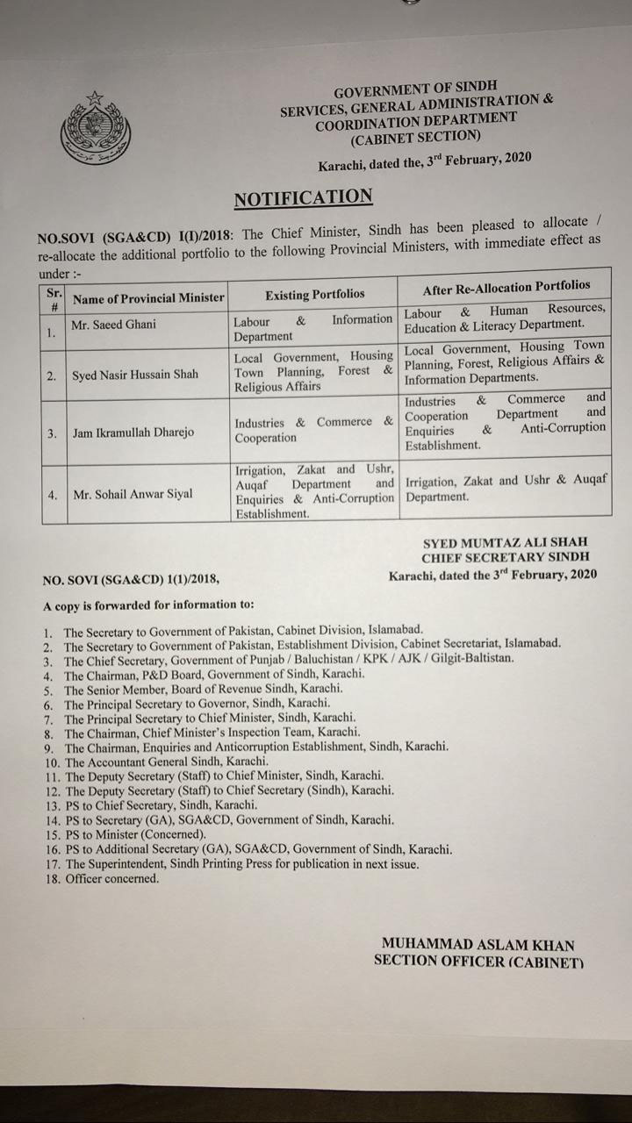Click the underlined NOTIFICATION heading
(x=303, y=197)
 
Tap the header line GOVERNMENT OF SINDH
(x=415, y=89)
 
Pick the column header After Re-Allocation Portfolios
(x=506, y=287)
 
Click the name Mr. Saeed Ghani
(x=114, y=325)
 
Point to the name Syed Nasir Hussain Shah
(x=135, y=375)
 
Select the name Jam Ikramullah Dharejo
(x=133, y=433)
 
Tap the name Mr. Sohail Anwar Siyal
(x=133, y=494)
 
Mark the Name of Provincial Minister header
(x=148, y=298)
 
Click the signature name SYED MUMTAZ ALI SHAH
(x=505, y=542)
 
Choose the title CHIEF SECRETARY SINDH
(x=505, y=557)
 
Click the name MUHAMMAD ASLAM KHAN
(x=478, y=945)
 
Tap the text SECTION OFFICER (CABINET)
(x=478, y=961)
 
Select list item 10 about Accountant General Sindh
(x=167, y=762)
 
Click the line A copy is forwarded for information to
(x=148, y=604)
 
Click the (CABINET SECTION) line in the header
(x=415, y=136)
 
